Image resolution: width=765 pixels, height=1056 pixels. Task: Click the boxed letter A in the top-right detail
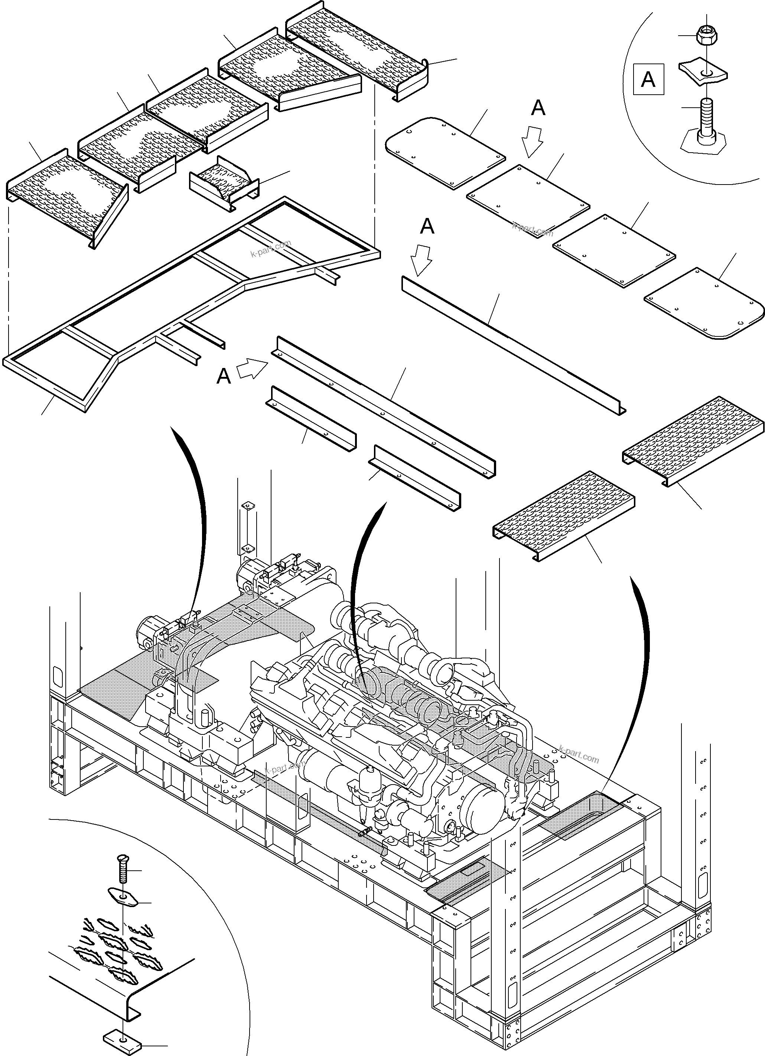pos(648,80)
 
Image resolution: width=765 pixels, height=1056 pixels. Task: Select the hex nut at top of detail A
pos(706,36)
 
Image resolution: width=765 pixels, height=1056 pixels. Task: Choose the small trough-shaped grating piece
pos(224,182)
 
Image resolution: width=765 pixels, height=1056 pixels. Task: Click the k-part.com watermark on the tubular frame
pos(270,248)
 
